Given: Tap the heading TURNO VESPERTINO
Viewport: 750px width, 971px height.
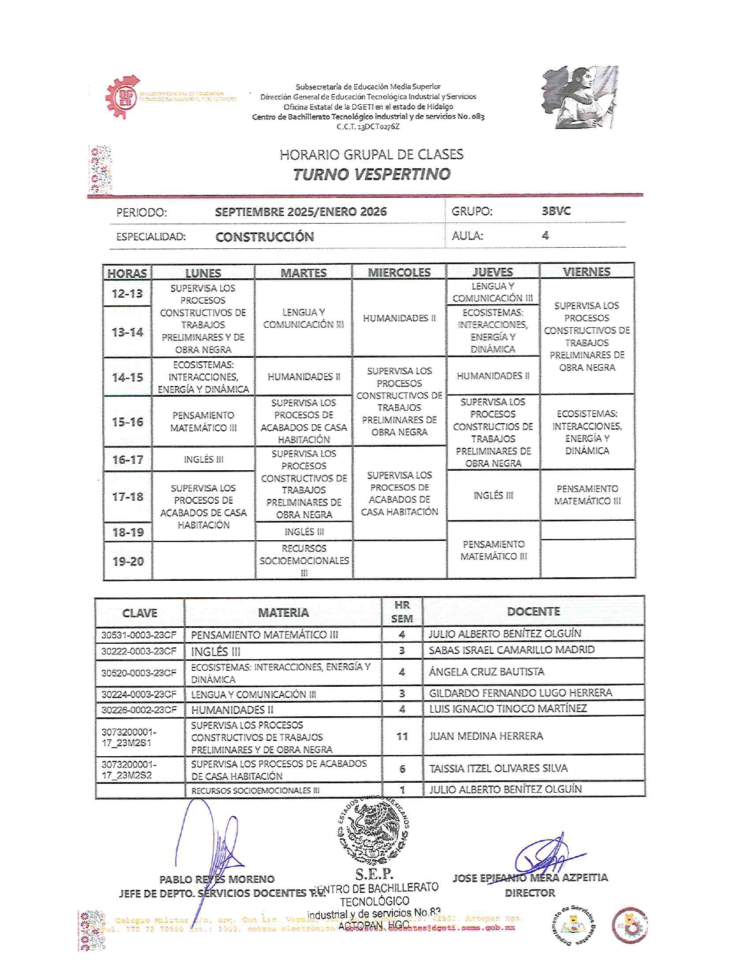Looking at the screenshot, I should tap(372, 174).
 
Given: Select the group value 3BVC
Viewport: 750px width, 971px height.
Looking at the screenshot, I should tap(556, 211).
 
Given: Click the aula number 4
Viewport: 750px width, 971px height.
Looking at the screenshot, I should tap(545, 235).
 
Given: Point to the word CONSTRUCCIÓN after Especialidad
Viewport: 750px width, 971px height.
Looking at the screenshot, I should tap(265, 237).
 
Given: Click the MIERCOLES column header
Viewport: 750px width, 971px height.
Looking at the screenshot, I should tap(399, 272).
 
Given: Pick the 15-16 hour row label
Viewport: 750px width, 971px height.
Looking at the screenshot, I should tap(128, 422).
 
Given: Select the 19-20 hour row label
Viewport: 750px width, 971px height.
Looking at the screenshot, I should tap(128, 561).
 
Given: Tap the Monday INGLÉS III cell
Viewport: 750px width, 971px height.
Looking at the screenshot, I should tap(203, 460).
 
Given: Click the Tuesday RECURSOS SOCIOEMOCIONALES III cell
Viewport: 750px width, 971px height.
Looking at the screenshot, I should tap(304, 560).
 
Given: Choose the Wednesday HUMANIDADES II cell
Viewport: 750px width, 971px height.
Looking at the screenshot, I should tap(399, 318).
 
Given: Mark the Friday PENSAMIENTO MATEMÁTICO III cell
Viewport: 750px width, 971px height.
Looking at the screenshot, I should tap(587, 495).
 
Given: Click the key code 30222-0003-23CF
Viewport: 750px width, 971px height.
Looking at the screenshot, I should tap(139, 651).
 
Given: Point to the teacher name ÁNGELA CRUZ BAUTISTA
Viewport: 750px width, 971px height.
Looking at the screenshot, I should tap(486, 672).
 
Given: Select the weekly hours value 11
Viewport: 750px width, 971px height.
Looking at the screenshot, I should tap(402, 736).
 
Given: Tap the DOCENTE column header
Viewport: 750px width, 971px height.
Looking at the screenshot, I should tap(533, 611).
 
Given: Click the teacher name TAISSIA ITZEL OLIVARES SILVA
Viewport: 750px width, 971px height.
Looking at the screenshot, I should tap(498, 769).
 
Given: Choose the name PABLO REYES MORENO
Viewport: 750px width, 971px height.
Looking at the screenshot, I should tap(216, 879).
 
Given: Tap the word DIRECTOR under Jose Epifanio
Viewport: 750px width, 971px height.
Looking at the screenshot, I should tap(529, 893).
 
